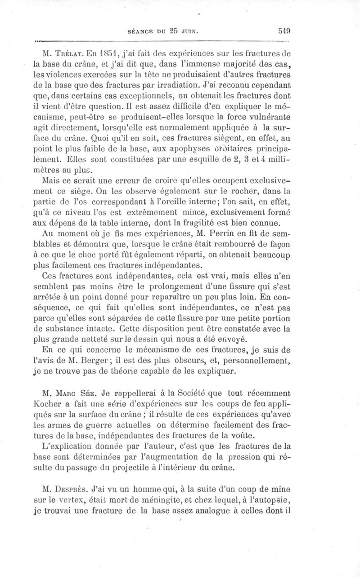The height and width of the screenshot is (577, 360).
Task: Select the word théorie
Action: (137, 372)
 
